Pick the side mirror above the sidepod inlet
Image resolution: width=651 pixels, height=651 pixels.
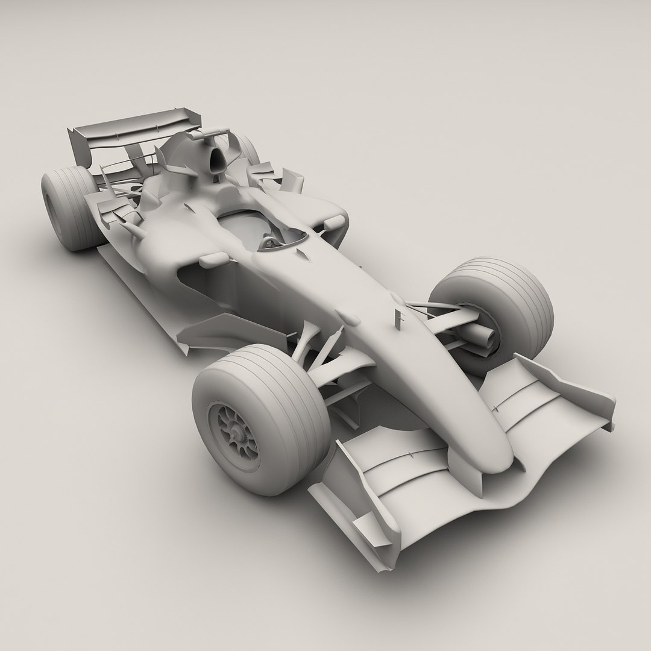214,260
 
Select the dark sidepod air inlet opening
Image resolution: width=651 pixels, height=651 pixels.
199,283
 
